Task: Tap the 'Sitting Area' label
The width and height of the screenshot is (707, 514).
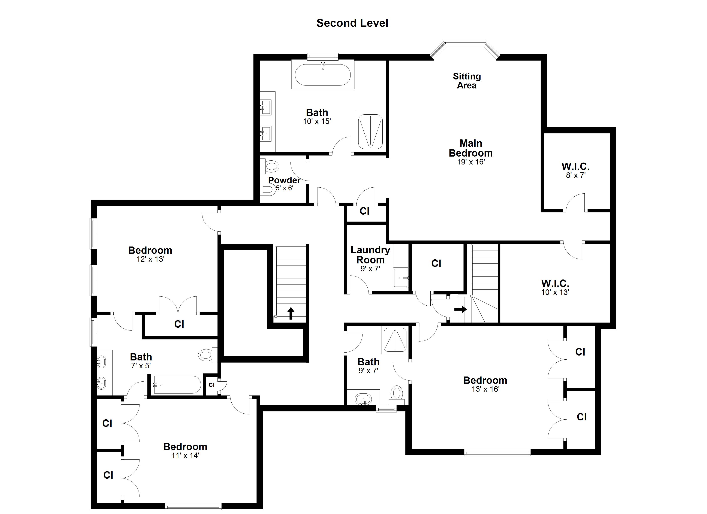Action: [467, 81]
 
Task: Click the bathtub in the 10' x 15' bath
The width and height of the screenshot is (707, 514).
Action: [323, 75]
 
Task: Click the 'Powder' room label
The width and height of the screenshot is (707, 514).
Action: [284, 180]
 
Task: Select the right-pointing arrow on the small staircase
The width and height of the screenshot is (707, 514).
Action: [460, 309]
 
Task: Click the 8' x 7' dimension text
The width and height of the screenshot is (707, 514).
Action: [575, 175]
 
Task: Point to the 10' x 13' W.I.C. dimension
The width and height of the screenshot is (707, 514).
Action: [555, 292]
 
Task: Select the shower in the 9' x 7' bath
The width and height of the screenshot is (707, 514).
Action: [395, 340]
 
